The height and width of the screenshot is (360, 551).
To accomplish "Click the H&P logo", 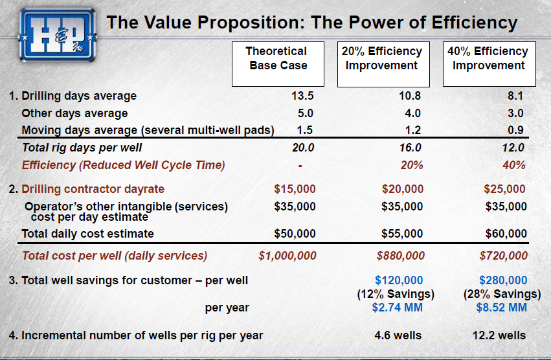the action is click(x=57, y=36).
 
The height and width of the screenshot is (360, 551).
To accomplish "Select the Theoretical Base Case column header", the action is click(x=278, y=64).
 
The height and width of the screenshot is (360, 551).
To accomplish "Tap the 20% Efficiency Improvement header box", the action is click(x=383, y=64).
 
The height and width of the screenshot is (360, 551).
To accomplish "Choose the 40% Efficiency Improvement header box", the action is click(x=489, y=64).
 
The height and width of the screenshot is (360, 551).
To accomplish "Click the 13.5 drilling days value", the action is click(x=302, y=96).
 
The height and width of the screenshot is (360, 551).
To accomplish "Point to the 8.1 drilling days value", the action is click(x=515, y=96).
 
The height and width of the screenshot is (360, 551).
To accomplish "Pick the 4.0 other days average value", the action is click(x=412, y=113).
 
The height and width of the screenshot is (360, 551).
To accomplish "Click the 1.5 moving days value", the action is click(x=305, y=130).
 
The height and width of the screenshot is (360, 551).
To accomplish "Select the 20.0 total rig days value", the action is click(x=303, y=148).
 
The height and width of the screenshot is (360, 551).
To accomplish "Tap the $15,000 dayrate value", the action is click(x=295, y=189).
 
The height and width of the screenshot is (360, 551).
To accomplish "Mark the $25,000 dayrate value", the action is click(x=504, y=189).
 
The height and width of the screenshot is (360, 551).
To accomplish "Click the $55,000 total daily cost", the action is click(x=402, y=234).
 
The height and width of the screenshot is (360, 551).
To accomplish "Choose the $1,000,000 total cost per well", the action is click(x=287, y=256).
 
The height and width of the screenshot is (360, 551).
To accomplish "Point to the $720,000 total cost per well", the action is click(x=504, y=256).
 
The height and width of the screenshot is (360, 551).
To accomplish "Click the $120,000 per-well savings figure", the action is click(x=399, y=280).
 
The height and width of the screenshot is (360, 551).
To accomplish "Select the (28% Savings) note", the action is click(x=502, y=294).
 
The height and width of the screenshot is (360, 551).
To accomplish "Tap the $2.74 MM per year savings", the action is click(x=398, y=308).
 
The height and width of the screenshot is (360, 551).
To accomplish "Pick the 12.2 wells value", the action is click(x=499, y=335).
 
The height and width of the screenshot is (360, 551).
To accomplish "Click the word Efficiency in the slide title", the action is click(x=475, y=23).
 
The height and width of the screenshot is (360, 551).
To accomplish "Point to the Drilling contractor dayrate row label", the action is click(x=93, y=189).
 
